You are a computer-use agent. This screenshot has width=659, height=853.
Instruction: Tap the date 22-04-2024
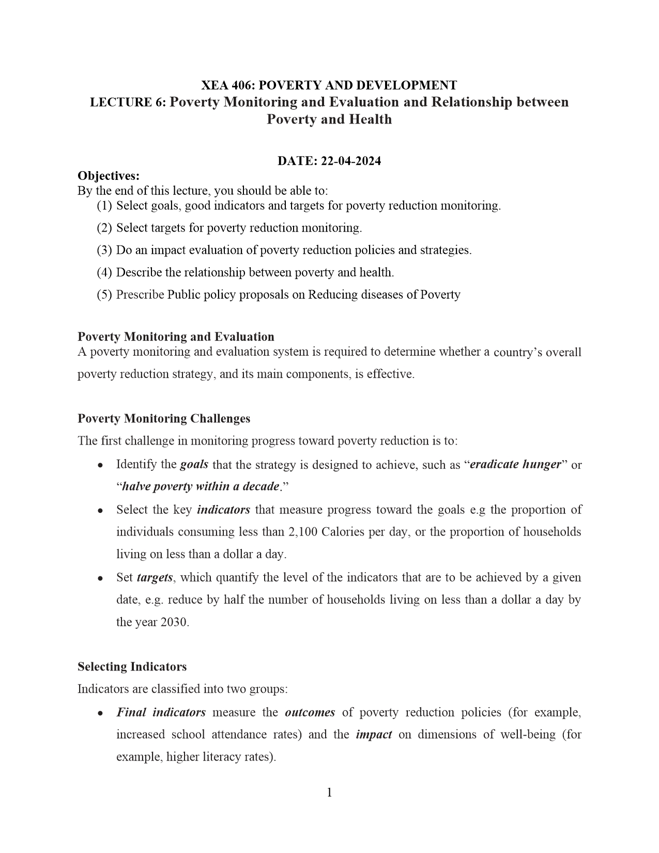pos(351,161)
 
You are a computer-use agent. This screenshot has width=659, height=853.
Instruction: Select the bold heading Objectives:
pos(109,176)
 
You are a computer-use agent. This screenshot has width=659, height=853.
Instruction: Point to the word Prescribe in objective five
pos(140,295)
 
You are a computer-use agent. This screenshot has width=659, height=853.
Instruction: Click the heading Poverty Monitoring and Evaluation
pos(176,337)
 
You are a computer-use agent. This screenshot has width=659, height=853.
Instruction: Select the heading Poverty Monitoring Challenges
pos(164,419)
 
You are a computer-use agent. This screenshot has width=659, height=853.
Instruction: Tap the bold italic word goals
pos(194,464)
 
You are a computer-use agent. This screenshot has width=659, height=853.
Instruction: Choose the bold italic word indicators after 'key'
pos(223,510)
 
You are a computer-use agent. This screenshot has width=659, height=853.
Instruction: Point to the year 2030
pos(173,622)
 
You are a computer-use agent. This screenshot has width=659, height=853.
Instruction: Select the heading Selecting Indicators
pos(132,667)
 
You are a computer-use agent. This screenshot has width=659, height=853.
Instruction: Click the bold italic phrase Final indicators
pos(161,712)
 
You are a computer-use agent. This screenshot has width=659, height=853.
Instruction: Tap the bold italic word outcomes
pos(310,712)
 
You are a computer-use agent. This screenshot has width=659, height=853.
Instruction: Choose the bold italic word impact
pos(374,735)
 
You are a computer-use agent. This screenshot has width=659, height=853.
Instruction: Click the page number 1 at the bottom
pos(329,793)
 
